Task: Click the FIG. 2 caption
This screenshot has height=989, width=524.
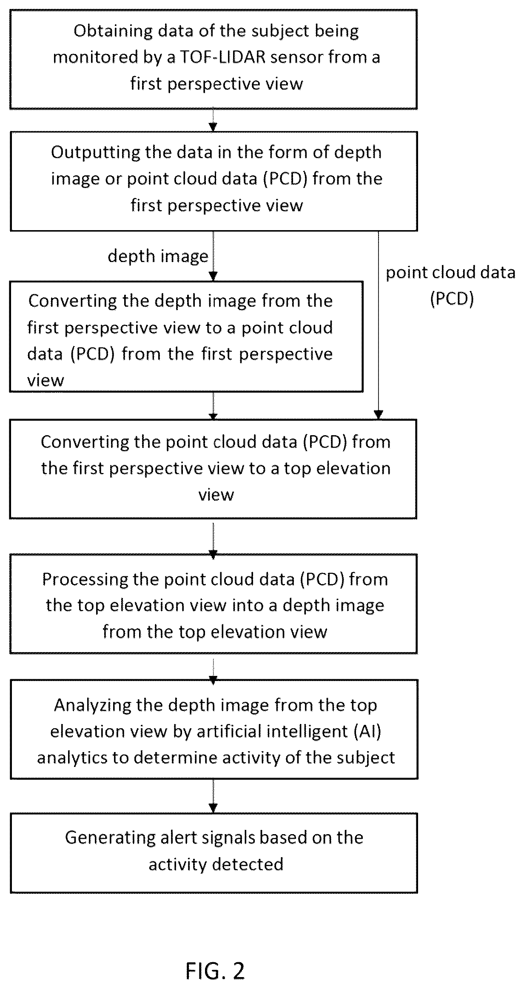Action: click(215, 959)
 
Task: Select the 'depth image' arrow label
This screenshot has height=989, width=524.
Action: click(158, 256)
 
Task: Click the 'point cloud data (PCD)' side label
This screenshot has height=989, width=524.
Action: click(451, 285)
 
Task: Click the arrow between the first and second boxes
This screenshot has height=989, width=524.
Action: click(213, 120)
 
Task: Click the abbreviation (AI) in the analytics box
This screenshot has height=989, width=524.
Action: click(367, 732)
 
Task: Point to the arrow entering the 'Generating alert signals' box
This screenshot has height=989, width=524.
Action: click(213, 796)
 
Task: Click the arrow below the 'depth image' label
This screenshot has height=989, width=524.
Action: click(213, 256)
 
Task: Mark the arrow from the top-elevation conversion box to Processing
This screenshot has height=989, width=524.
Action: click(213, 537)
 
